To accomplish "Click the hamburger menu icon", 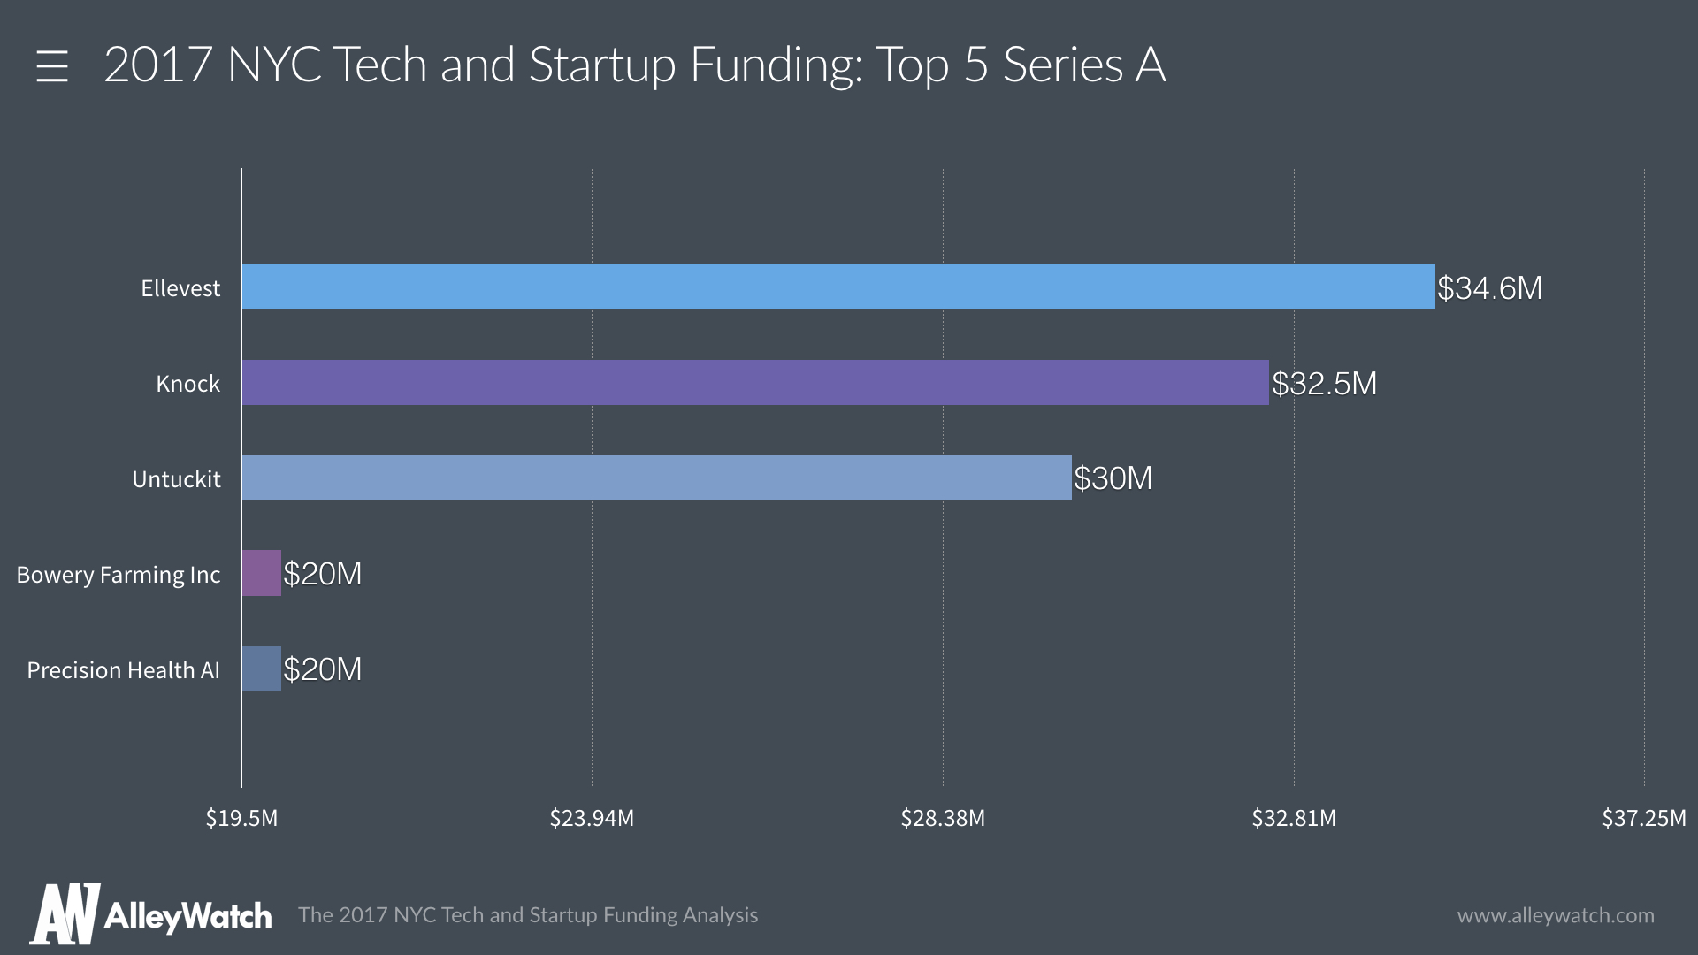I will [52, 66].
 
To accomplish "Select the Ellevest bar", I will [838, 287].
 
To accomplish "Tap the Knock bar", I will [754, 383].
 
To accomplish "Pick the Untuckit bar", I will [656, 478].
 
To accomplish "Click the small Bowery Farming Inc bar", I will [262, 573].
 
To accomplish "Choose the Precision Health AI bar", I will [262, 668].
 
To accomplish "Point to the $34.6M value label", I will [1489, 288].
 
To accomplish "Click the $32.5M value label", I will [1324, 384].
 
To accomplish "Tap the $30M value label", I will [1113, 478].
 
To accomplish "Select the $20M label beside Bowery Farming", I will [323, 574].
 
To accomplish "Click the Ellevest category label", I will [180, 288].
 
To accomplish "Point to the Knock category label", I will [187, 384].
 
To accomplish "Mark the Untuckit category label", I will [176, 479].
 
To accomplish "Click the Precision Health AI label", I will [123, 670].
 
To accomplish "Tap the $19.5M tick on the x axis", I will [241, 818].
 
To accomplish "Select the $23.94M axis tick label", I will [592, 818].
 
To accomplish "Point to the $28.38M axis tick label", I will [943, 818].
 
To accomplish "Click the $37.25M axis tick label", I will [1643, 818].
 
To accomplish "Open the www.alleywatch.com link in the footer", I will [1556, 915].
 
